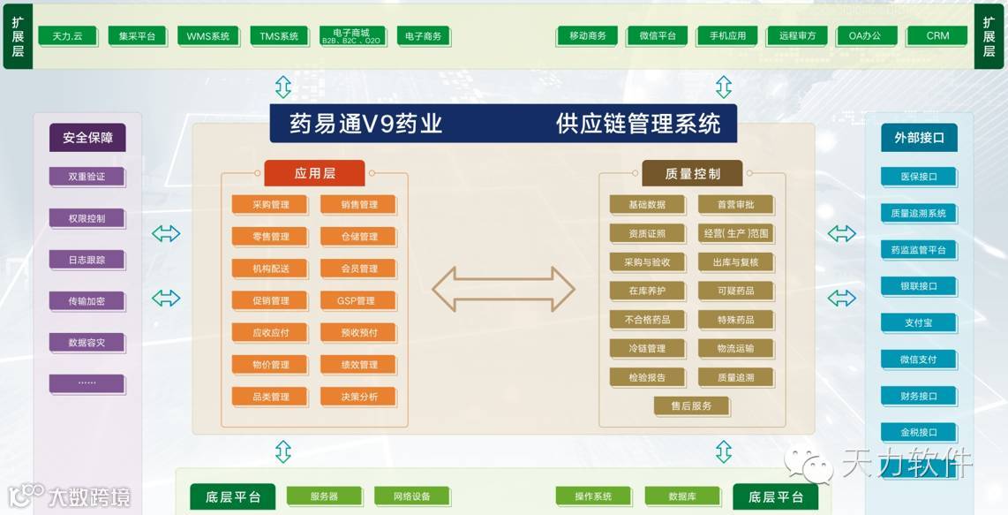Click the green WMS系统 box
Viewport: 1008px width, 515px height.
click(x=208, y=36)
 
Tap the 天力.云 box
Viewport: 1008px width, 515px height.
click(x=67, y=36)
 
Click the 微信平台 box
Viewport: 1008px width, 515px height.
click(x=657, y=36)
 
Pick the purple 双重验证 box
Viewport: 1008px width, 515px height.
click(x=87, y=177)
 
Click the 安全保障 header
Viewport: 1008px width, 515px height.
click(x=87, y=138)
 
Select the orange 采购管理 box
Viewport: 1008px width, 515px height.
click(x=270, y=205)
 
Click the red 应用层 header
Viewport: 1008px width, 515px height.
click(x=314, y=173)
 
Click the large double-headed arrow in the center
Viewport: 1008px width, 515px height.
click(x=503, y=289)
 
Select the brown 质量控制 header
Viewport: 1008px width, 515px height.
click(x=692, y=173)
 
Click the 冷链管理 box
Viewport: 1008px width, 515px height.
click(x=647, y=349)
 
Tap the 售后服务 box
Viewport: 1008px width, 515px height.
click(x=692, y=405)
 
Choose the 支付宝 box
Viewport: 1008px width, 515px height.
click(x=918, y=323)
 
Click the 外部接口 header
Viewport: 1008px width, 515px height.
click(x=919, y=138)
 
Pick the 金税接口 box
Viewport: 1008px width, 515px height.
click(x=918, y=433)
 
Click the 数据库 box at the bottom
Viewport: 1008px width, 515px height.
click(x=681, y=496)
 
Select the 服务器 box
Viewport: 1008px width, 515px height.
click(x=324, y=496)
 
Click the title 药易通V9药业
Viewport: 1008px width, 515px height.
click(x=366, y=124)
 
